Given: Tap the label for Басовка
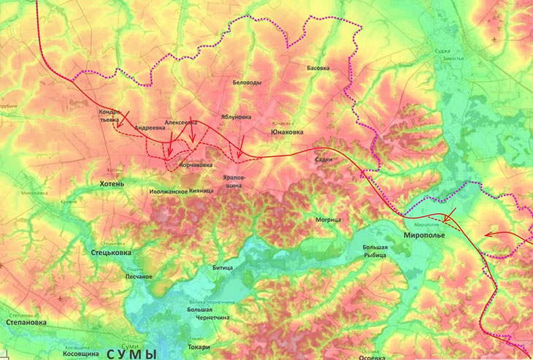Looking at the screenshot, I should [x=318, y=68].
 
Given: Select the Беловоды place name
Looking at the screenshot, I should [x=247, y=83].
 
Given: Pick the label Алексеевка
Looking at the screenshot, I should [x=181, y=123].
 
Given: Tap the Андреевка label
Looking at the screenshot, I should [x=150, y=127].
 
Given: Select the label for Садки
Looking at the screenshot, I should [x=323, y=159].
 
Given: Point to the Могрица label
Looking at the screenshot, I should [x=328, y=219].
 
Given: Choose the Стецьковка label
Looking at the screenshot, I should [x=112, y=253].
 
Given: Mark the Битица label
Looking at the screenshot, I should [x=223, y=269].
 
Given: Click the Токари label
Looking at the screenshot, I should [x=199, y=346].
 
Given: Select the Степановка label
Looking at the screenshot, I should [x=26, y=321].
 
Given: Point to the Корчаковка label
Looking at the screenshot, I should [x=196, y=165].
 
